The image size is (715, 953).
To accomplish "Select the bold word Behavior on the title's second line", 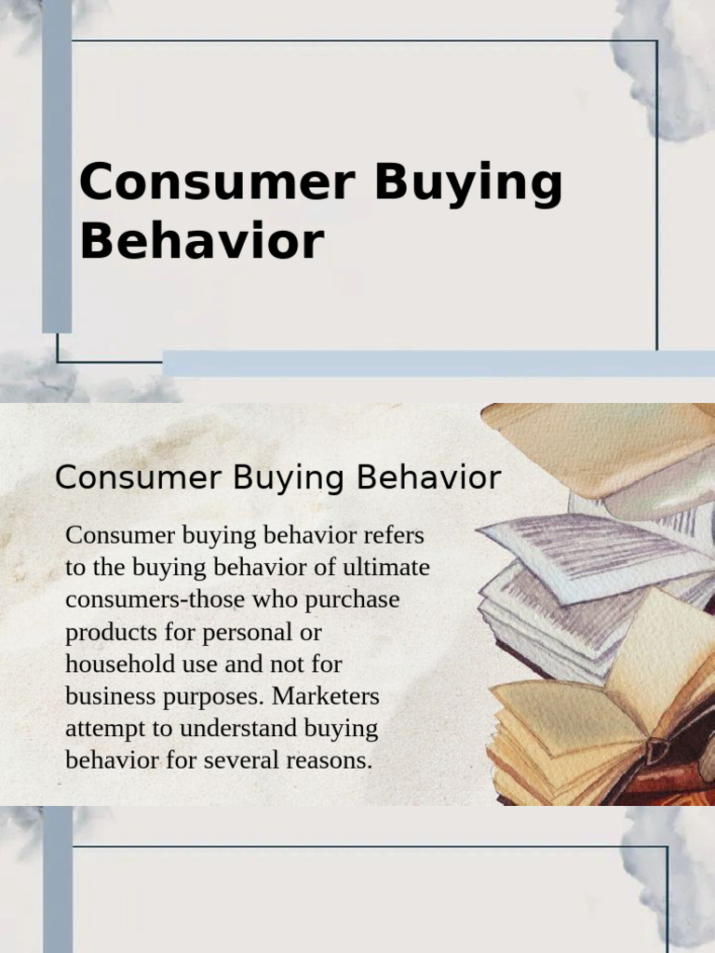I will click(x=201, y=240).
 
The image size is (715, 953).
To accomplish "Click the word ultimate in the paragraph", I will click(x=386, y=568).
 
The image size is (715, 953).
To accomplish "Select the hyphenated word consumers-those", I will click(x=161, y=599).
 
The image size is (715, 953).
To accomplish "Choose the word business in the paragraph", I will click(x=105, y=696).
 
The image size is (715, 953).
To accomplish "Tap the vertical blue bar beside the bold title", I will click(x=57, y=168).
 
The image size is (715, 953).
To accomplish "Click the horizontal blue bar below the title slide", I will click(x=438, y=363).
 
